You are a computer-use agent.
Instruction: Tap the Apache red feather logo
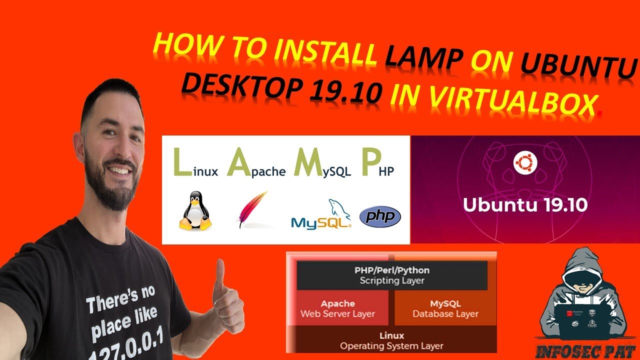[x=252, y=210]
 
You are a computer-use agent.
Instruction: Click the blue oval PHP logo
[x=380, y=216]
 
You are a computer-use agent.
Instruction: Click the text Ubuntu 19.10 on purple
[x=524, y=205]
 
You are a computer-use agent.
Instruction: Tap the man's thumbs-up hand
[x=225, y=300]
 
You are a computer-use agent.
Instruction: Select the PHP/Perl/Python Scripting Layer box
[x=392, y=275]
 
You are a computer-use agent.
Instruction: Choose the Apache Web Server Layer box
[x=338, y=308]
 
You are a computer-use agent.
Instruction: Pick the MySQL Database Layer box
[x=445, y=308]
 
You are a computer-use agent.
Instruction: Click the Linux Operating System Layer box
[x=392, y=340]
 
